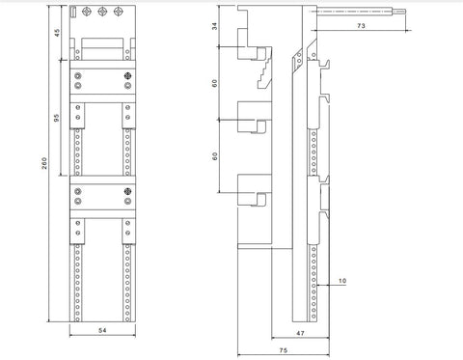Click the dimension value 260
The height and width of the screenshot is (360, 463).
pos(44,163)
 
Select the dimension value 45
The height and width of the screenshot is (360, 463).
pos(57,33)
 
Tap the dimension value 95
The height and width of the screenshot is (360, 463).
pos(57,118)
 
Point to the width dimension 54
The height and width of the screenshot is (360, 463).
pos(102,330)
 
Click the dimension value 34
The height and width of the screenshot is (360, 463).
pos(214,26)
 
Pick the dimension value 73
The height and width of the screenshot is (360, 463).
pos(361,25)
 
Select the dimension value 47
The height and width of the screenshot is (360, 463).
pos(300,333)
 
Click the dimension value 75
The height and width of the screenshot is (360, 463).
pos(284,350)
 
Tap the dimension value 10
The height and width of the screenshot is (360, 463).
pos(342,281)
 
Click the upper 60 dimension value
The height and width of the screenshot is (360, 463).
pos(214,83)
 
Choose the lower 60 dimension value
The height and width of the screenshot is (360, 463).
pos(214,156)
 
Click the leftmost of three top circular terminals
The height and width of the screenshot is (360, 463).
pos(87,12)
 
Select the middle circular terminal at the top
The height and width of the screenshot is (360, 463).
pos(102,12)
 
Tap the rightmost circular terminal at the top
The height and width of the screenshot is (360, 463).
pos(118,12)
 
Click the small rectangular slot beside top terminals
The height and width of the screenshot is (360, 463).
pos(73,12)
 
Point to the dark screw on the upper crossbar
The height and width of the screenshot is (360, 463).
pos(127,75)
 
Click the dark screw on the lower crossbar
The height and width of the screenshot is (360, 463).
pos(127,191)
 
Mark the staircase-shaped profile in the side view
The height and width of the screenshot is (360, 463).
pos(264,73)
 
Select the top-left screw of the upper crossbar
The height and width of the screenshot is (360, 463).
pos(77,76)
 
